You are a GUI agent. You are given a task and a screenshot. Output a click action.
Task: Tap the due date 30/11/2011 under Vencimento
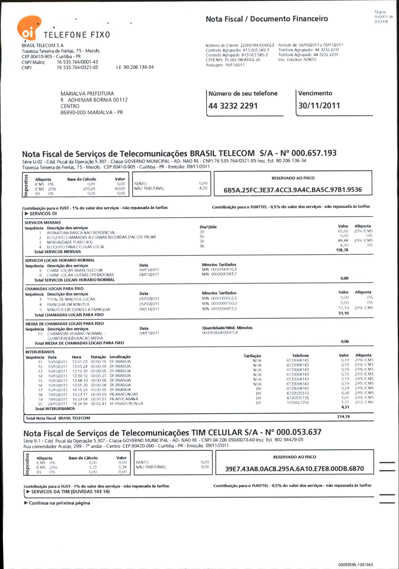[x=319, y=106]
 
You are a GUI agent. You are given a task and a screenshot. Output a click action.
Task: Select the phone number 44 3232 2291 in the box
[x=233, y=106]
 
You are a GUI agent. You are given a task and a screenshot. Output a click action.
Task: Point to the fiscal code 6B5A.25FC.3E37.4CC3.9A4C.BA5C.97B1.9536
[x=293, y=190]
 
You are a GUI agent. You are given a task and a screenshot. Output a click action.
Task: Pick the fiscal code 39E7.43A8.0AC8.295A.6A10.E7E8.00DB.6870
[x=294, y=469]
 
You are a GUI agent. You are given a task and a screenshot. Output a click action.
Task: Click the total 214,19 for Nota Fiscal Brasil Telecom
[x=343, y=417]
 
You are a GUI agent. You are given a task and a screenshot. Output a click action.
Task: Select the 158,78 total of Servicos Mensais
[x=342, y=250]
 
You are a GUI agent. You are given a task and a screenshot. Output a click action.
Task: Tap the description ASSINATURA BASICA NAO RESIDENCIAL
[x=81, y=233]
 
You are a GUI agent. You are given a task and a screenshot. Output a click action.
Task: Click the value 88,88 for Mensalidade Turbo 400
[x=343, y=241]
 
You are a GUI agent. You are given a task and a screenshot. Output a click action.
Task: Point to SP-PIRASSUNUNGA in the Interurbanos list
[x=126, y=403]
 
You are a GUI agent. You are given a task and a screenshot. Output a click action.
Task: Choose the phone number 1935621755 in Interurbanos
[x=298, y=403]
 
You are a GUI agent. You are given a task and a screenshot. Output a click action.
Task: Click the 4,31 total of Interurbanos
[x=345, y=407]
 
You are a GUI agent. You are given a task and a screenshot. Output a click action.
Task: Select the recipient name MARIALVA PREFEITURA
[x=87, y=94]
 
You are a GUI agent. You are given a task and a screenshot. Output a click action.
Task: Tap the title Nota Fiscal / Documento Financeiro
[x=267, y=19]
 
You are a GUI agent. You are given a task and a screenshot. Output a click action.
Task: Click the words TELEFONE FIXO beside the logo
[x=77, y=35]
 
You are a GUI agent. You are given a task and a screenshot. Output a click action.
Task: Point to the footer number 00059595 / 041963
[x=355, y=565]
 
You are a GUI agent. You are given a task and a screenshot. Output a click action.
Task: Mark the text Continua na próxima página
[x=59, y=503]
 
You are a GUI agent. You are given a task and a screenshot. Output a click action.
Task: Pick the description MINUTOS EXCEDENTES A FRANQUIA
[x=79, y=310]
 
